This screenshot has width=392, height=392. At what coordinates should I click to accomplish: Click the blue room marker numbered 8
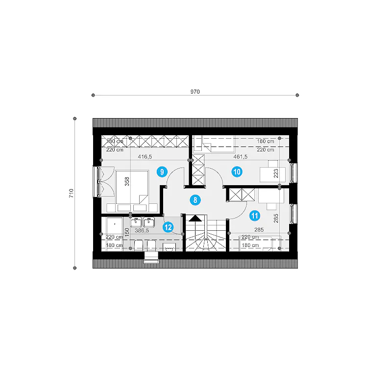[195, 200]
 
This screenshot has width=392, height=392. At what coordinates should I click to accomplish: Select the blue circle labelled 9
[162, 172]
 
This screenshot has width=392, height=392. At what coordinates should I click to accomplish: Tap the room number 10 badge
[237, 172]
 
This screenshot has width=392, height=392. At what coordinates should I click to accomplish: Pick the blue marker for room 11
[255, 216]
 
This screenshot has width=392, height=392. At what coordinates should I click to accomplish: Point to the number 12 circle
[168, 227]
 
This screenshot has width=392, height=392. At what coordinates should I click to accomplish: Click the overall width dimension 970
[195, 92]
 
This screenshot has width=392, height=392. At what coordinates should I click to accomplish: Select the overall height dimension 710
[71, 193]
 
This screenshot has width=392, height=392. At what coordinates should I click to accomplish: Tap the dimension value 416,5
[145, 157]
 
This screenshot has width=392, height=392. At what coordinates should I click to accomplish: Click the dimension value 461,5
[241, 157]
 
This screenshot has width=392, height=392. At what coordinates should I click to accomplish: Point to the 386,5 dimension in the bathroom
[142, 230]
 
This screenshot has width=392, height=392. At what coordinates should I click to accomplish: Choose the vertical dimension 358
[127, 181]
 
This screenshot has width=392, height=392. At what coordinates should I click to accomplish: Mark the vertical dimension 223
[276, 173]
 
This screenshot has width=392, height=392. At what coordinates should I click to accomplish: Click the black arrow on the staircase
[195, 219]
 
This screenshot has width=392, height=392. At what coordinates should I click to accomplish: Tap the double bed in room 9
[132, 187]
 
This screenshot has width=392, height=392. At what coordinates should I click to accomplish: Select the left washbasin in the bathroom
[136, 222]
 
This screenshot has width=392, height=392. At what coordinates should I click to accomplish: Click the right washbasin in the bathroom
[149, 222]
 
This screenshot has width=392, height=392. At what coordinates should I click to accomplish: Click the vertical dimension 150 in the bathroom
[127, 232]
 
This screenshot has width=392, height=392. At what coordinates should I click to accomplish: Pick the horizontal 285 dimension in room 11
[259, 229]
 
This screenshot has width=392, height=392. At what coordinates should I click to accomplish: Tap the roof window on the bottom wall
[151, 257]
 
